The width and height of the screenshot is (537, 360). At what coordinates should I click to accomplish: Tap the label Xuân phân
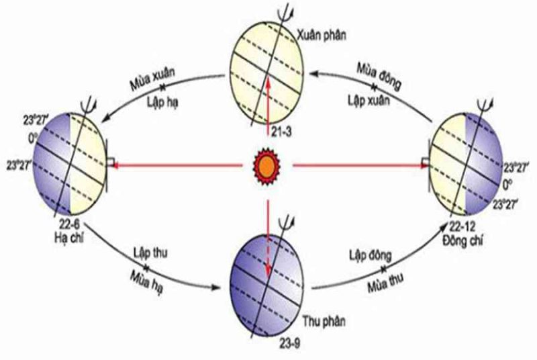click(x=322, y=36)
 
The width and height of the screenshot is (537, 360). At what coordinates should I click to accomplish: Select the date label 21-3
click(x=281, y=132)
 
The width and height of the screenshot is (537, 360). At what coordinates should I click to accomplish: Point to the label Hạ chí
click(x=69, y=238)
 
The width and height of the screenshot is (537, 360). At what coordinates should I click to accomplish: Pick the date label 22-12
click(x=462, y=227)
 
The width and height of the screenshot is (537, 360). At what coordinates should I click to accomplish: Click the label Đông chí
click(x=462, y=240)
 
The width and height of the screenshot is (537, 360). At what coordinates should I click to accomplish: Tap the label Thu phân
click(x=324, y=321)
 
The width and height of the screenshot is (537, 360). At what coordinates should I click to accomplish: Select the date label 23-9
click(x=289, y=343)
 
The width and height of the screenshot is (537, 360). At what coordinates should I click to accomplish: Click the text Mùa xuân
click(x=152, y=79)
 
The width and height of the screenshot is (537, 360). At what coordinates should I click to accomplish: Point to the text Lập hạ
click(x=162, y=102)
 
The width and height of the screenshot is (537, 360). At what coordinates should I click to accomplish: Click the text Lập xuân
click(x=369, y=100)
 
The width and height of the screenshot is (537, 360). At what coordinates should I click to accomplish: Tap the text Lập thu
click(x=150, y=253)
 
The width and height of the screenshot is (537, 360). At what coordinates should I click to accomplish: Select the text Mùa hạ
click(x=146, y=282)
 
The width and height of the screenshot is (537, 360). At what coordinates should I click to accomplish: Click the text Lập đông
click(x=371, y=255)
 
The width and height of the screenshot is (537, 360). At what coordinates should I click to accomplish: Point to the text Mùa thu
click(x=385, y=282)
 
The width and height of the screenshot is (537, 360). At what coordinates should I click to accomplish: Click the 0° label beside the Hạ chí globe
click(x=32, y=139)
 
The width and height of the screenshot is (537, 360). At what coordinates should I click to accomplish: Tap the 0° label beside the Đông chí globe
click(x=507, y=185)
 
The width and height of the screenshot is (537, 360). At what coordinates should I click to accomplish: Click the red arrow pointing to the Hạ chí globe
click(x=177, y=166)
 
